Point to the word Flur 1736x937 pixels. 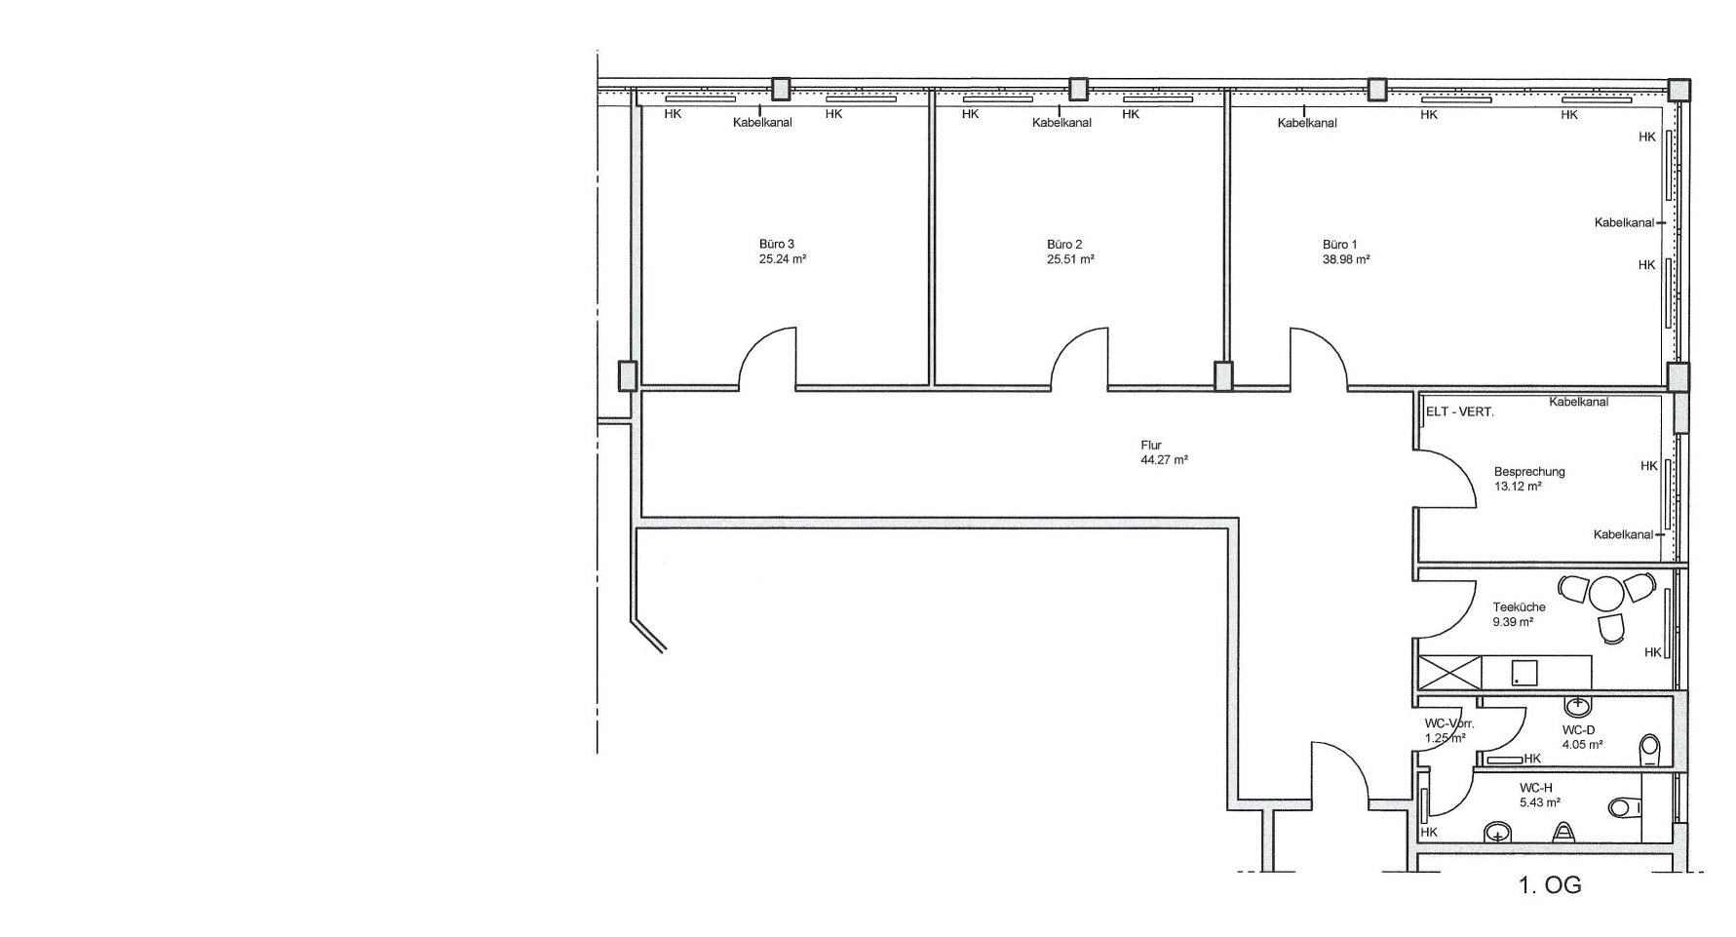pos(1151,445)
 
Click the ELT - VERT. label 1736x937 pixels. pos(1459,412)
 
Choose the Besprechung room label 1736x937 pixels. pos(1529,472)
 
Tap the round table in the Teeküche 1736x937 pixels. pos(1604,592)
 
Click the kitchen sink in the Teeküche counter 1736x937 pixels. pos(1524,672)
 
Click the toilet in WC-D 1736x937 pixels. pos(1651,748)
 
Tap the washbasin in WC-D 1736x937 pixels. pos(1576,704)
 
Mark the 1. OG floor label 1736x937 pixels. pos(1550,886)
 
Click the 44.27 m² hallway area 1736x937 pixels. pos(1164,460)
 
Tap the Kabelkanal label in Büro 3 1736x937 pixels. pos(762,123)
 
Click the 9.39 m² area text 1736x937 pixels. pos(1514,622)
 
